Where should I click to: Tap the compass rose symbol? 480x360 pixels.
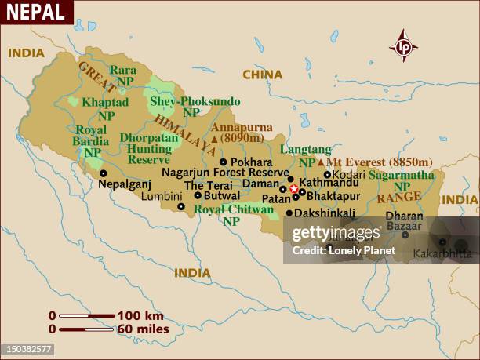pyautogui.click(x=404, y=46)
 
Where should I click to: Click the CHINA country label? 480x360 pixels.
pyautogui.click(x=262, y=75)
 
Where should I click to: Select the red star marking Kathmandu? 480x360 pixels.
pyautogui.click(x=294, y=189)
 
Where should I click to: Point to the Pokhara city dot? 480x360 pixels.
pyautogui.click(x=223, y=162)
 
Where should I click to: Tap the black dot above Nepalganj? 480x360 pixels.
pyautogui.click(x=103, y=173)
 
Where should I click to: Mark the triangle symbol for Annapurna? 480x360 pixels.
pyautogui.click(x=214, y=139)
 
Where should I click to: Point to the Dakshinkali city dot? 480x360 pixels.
pyautogui.click(x=289, y=213)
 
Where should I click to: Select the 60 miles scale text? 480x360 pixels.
pyautogui.click(x=143, y=329)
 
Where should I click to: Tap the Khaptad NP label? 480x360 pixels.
pyautogui.click(x=106, y=108)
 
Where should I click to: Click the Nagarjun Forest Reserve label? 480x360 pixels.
pyautogui.click(x=225, y=173)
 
